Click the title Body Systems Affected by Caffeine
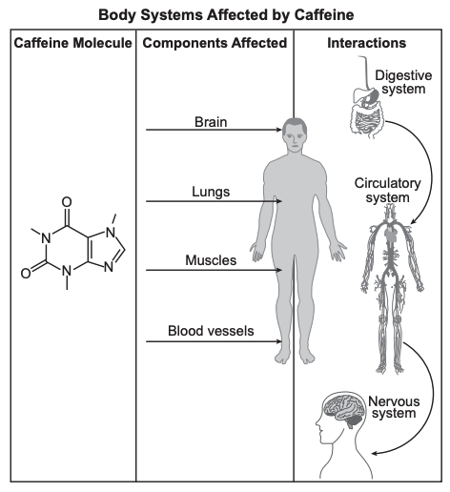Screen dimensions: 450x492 coord(226,15)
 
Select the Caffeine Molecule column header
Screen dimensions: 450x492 coord(72,43)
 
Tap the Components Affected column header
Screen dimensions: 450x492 coord(215,43)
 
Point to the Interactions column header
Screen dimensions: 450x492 coord(367,43)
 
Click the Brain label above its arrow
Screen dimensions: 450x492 coord(211,122)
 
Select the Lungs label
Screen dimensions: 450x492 coord(211,192)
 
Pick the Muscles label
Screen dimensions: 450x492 coord(211,260)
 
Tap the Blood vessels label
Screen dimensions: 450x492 coord(211,331)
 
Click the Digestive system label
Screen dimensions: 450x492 coord(403,82)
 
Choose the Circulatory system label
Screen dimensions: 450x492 coord(387,190)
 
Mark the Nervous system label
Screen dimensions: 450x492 coord(394,407)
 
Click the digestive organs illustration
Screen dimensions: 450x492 coord(368,108)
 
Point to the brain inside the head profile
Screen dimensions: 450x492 coord(344,410)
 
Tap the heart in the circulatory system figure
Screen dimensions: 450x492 coord(390,234)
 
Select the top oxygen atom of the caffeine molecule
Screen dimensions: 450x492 coord(67,202)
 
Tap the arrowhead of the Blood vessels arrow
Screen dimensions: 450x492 coord(279,341)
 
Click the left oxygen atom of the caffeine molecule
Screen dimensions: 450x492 coord(26,273)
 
